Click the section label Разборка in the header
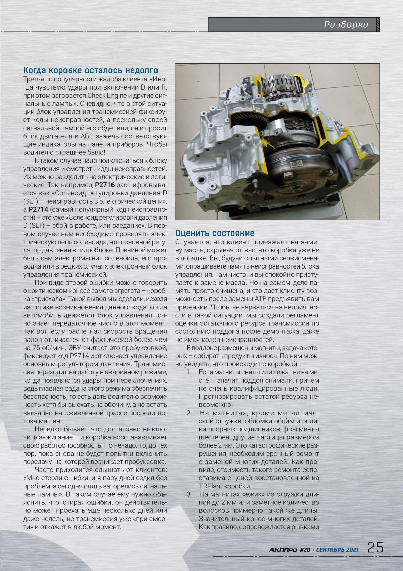pyautogui.click(x=346, y=25)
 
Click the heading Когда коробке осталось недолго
pyautogui.click(x=90, y=70)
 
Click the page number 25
pyautogui.click(x=375, y=547)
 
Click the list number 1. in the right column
pyautogui.click(x=189, y=372)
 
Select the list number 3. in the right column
pyautogui.click(x=189, y=494)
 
